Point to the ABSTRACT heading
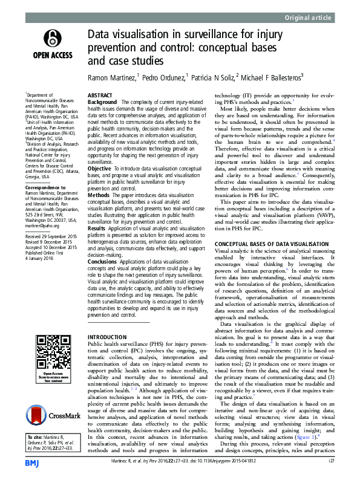tap(100, 96)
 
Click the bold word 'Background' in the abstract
tap(102, 103)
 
